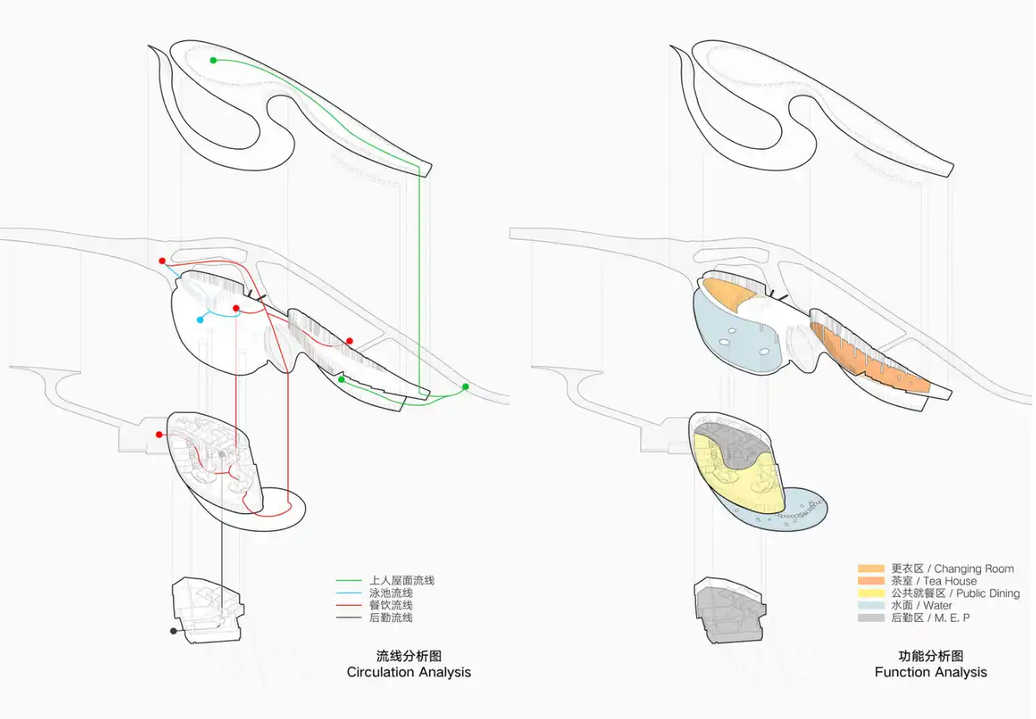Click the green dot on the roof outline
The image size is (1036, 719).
(213, 60)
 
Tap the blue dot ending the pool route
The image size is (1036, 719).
(200, 320)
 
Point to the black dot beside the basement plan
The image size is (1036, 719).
(173, 631)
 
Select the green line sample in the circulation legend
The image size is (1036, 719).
(349, 581)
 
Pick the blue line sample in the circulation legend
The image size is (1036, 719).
(349, 593)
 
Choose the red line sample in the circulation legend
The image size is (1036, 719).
(349, 605)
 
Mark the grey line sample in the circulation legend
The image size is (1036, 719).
(349, 618)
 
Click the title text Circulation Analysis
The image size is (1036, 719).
(409, 672)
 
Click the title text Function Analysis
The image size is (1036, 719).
(931, 672)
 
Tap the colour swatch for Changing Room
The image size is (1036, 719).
(871, 568)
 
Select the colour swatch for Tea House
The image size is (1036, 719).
(871, 581)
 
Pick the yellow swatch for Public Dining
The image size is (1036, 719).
(871, 593)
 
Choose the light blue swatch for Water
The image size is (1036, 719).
(871, 605)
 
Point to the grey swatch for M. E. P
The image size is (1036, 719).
(871, 618)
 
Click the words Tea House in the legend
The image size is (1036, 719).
(950, 581)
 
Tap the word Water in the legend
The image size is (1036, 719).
(937, 606)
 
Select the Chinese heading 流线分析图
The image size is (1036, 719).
(409, 656)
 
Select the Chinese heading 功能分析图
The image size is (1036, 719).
(931, 656)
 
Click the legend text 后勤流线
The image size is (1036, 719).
(391, 618)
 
